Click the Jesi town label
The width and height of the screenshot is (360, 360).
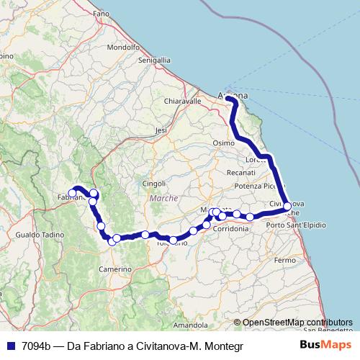[x=161, y=130]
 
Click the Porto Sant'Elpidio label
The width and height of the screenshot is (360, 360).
[x=295, y=226]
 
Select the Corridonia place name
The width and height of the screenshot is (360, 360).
[x=232, y=228]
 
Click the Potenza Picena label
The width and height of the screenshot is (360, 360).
[x=254, y=186]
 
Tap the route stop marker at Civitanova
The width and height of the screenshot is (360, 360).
[x=287, y=207]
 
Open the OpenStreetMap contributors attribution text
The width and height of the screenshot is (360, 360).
[x=297, y=323]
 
